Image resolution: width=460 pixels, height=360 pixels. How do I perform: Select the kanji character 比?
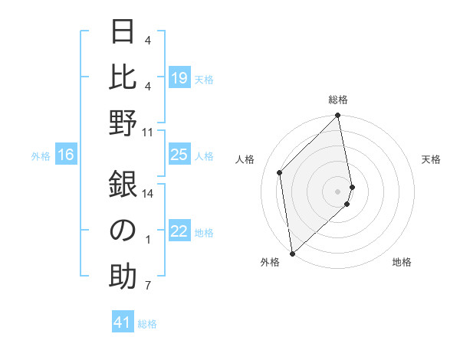click(123, 77)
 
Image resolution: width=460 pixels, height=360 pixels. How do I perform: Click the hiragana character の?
click(123, 230)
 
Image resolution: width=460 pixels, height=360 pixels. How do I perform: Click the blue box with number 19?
click(179, 78)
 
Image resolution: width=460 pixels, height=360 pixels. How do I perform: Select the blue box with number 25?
click(179, 155)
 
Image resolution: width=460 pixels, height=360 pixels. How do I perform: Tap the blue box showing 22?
click(179, 232)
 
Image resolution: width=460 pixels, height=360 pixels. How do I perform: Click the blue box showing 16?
click(66, 155)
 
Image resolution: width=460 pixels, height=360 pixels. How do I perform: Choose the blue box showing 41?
click(123, 323)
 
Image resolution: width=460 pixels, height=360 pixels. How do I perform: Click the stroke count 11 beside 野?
click(148, 132)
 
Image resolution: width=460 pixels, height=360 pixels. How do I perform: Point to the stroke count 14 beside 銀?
click(148, 193)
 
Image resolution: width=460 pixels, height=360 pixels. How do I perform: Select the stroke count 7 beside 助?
click(148, 286)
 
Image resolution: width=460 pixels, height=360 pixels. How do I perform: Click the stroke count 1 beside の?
click(148, 239)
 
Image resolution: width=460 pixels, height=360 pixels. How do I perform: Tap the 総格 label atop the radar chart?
click(338, 100)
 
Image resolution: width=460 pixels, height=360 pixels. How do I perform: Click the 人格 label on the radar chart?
click(245, 159)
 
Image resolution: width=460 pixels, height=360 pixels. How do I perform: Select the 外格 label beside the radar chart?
click(270, 262)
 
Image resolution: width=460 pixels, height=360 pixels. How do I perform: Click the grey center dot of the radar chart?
click(338, 191)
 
